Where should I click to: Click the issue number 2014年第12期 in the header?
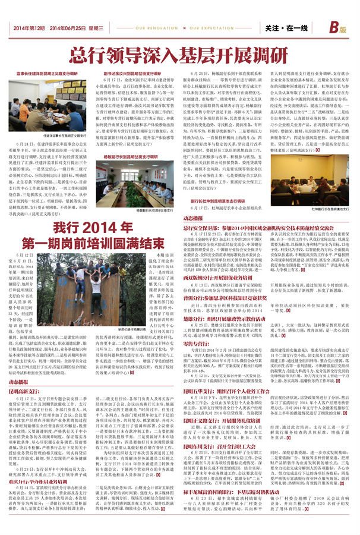pyautogui.click(x=28, y=28)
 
